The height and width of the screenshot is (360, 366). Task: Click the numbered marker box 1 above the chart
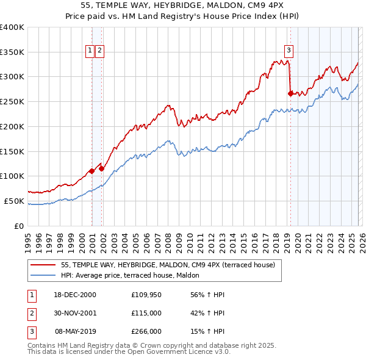(x=90, y=51)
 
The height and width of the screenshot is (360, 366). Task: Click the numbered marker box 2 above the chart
(x=99, y=51)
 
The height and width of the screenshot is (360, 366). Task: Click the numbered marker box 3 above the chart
(x=289, y=51)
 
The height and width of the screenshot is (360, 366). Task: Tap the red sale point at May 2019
(x=290, y=93)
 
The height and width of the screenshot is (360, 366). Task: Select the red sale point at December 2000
(x=91, y=171)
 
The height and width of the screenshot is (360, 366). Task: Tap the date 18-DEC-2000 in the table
(x=75, y=295)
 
